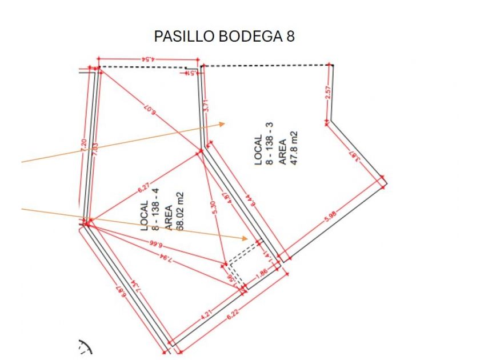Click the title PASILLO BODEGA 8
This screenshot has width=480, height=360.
pos(224,37)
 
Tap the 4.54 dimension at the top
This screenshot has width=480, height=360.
pos(148,58)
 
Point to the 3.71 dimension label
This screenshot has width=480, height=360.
pos(206,106)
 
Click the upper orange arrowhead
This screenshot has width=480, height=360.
pos(223,123)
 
